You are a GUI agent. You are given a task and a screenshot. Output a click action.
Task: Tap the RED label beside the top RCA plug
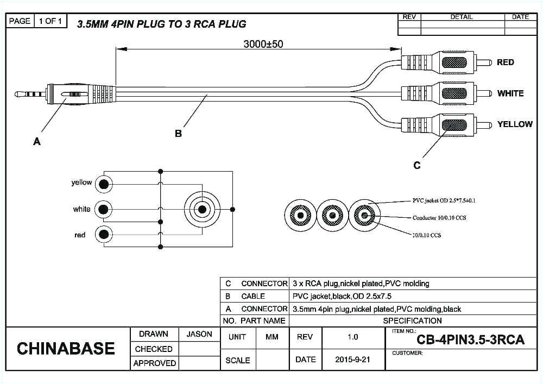[x=505, y=62]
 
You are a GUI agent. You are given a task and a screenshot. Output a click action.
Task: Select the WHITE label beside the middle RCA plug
[x=510, y=93]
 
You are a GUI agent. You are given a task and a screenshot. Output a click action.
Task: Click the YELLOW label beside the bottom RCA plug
[x=515, y=124]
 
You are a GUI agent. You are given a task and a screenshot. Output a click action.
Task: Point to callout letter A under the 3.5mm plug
[x=37, y=142]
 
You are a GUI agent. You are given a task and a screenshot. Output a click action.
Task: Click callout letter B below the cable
[x=178, y=134]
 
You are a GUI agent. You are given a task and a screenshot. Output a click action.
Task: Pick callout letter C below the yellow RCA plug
[x=417, y=166]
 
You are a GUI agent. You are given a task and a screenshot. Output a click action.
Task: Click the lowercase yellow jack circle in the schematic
[x=104, y=184]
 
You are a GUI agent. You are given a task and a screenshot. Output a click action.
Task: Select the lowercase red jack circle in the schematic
[x=104, y=235]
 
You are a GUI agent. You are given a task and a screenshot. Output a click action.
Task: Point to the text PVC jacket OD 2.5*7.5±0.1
[x=444, y=200]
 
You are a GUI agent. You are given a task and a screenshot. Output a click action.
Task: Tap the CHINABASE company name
[x=66, y=348]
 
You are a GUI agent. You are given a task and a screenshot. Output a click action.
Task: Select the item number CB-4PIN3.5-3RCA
[x=470, y=340]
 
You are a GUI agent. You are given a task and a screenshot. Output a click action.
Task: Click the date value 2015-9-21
[x=352, y=360]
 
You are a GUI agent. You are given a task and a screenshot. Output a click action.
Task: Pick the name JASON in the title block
[x=199, y=334]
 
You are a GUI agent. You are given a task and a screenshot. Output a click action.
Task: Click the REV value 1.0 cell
[x=352, y=337]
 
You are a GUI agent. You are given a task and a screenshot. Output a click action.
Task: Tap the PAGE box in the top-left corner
[x=20, y=21]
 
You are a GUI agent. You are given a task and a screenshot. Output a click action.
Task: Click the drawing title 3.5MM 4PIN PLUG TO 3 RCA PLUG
[x=161, y=24]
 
